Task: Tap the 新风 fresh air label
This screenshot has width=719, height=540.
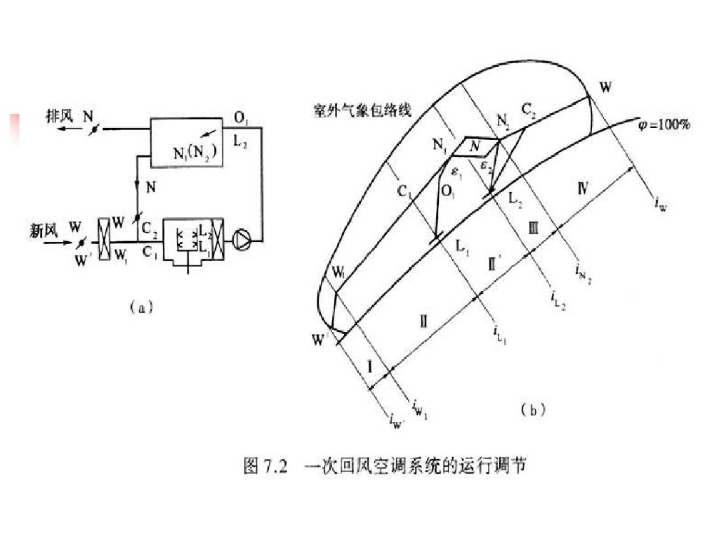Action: tap(43, 230)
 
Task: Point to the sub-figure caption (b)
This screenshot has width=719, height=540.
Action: tap(532, 409)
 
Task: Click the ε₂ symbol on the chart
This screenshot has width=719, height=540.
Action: tap(484, 167)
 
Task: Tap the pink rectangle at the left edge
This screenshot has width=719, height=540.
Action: tap(12, 129)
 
